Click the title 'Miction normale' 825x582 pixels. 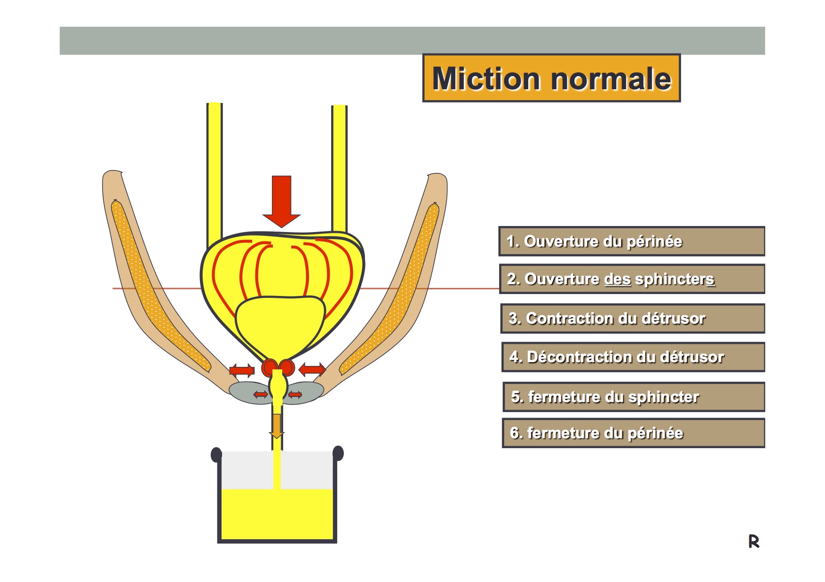[x=551, y=78]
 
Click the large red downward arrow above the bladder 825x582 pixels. [x=281, y=202]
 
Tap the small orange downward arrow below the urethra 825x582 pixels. [x=277, y=426]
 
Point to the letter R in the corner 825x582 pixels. [x=754, y=541]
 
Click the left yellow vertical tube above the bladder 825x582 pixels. [x=214, y=174]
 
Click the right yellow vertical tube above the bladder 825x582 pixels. [x=339, y=169]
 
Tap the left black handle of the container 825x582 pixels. [x=216, y=455]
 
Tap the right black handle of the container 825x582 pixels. [x=338, y=453]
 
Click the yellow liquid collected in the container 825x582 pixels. [x=277, y=514]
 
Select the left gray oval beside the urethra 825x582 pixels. [x=249, y=392]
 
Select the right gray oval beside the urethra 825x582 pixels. [x=304, y=392]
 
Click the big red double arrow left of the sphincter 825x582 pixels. [x=242, y=370]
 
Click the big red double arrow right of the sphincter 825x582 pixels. [x=312, y=369]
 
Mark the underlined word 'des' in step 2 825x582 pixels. [x=617, y=279]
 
